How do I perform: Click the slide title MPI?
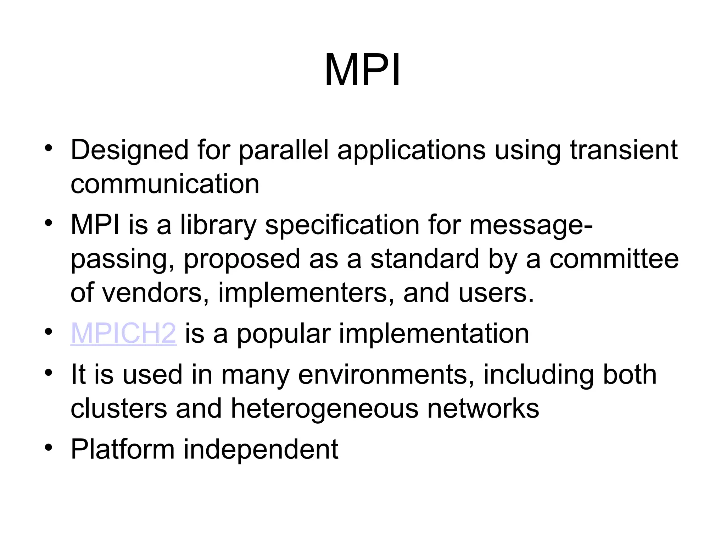pos(362,70)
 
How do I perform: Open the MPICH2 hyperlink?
pos(123,334)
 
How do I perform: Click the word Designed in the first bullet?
pos(129,150)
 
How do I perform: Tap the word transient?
pos(624,150)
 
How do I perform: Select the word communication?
pos(165,184)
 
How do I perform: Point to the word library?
pos(218,225)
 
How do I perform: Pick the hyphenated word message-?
pos(531,226)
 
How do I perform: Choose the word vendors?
pos(156,293)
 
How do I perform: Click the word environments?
pos(386,375)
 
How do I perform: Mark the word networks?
pos(483,409)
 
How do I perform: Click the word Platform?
pos(123,450)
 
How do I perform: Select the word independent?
pos(261,450)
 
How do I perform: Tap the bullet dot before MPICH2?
pos(49,332)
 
